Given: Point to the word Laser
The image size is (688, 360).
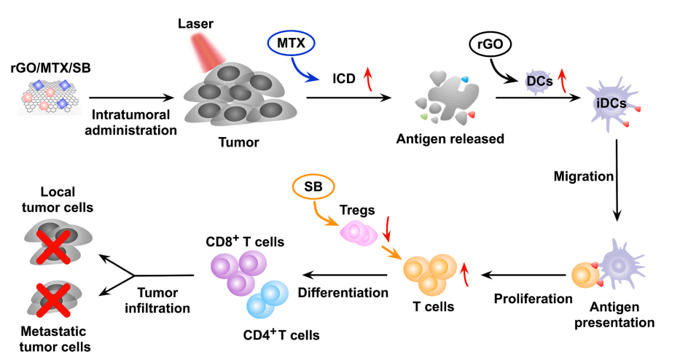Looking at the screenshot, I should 195,24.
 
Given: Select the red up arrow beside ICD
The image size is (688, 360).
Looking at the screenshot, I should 368,75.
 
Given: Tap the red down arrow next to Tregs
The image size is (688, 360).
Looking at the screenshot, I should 387,231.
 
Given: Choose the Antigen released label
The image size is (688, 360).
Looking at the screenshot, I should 450,138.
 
